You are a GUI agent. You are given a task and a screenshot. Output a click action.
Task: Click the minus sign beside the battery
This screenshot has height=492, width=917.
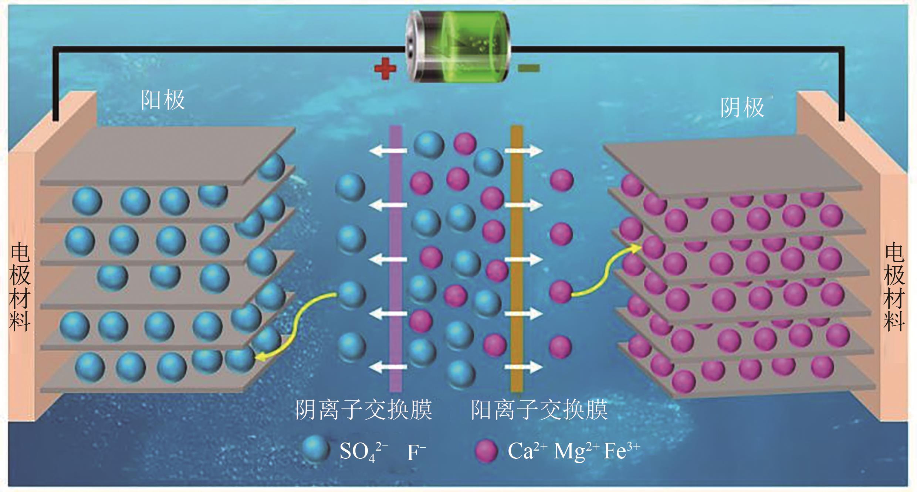pyautogui.click(x=529, y=68)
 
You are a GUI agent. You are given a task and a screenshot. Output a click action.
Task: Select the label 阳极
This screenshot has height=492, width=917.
pyautogui.click(x=163, y=100)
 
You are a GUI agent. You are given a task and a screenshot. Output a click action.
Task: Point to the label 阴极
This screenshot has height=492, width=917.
pyautogui.click(x=742, y=107)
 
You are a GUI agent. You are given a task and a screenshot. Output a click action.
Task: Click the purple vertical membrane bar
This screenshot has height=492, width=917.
pyautogui.click(x=396, y=259)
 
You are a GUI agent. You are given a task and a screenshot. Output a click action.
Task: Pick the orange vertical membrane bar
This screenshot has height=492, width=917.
pyautogui.click(x=517, y=259)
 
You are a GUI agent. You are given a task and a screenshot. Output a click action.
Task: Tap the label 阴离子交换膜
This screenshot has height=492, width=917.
pyautogui.click(x=363, y=410)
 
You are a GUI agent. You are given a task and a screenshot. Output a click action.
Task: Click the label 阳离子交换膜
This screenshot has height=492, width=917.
pyautogui.click(x=539, y=410)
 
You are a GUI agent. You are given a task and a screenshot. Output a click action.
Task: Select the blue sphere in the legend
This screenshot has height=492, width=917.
pyautogui.click(x=315, y=449)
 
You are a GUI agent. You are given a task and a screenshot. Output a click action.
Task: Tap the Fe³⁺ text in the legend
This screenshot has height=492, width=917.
pyautogui.click(x=621, y=451)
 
